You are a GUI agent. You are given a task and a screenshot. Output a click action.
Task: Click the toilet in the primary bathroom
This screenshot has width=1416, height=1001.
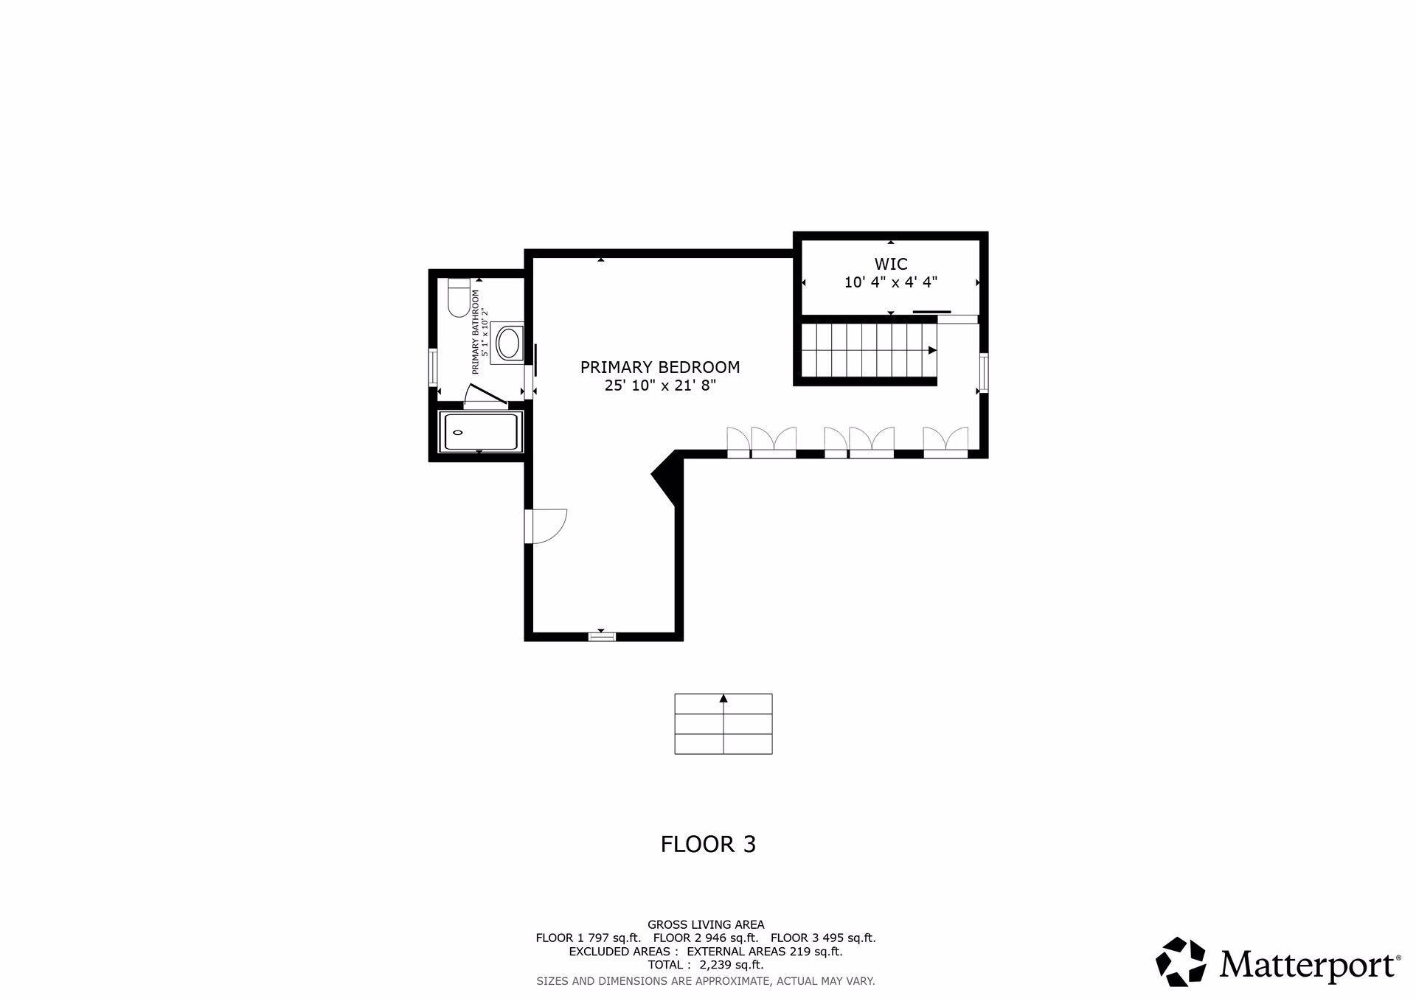tap(458, 298)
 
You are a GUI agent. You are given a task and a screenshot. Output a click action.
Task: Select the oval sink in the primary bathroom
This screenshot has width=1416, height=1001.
tap(508, 343)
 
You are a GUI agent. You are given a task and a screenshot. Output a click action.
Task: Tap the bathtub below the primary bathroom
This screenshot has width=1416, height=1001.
tap(480, 432)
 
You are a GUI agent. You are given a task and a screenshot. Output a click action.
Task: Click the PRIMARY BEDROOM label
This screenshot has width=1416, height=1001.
tap(660, 367)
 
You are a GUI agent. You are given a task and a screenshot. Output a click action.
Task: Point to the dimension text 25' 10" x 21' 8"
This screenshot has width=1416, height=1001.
tap(660, 386)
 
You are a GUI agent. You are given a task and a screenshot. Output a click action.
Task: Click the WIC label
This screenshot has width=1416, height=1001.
tap(890, 264)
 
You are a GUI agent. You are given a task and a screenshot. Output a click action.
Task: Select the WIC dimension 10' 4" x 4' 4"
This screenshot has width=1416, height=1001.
tap(890, 282)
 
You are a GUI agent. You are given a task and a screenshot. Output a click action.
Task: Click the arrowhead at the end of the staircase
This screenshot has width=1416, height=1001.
tap(932, 350)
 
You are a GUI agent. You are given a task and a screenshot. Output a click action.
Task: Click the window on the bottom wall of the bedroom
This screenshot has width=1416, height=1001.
tap(602, 636)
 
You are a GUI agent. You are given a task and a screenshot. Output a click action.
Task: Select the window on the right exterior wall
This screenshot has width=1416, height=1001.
tap(984, 372)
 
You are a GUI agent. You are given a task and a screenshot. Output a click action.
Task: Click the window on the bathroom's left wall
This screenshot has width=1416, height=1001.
tap(434, 367)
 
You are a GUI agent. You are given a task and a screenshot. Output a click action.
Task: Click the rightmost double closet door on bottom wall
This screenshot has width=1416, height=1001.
tap(945, 442)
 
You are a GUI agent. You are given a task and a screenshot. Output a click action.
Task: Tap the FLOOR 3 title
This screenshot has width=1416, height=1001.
tap(708, 844)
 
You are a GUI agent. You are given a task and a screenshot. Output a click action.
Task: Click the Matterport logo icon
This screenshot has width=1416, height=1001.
tap(1180, 961)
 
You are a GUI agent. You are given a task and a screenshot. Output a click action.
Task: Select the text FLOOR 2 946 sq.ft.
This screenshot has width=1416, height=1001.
tap(706, 938)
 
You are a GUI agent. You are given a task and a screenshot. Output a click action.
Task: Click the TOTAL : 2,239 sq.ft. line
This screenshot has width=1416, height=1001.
tap(706, 965)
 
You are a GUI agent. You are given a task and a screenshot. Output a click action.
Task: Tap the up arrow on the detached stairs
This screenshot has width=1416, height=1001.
tap(723, 698)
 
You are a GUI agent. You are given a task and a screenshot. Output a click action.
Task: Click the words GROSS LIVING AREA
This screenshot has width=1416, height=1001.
tap(706, 924)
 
